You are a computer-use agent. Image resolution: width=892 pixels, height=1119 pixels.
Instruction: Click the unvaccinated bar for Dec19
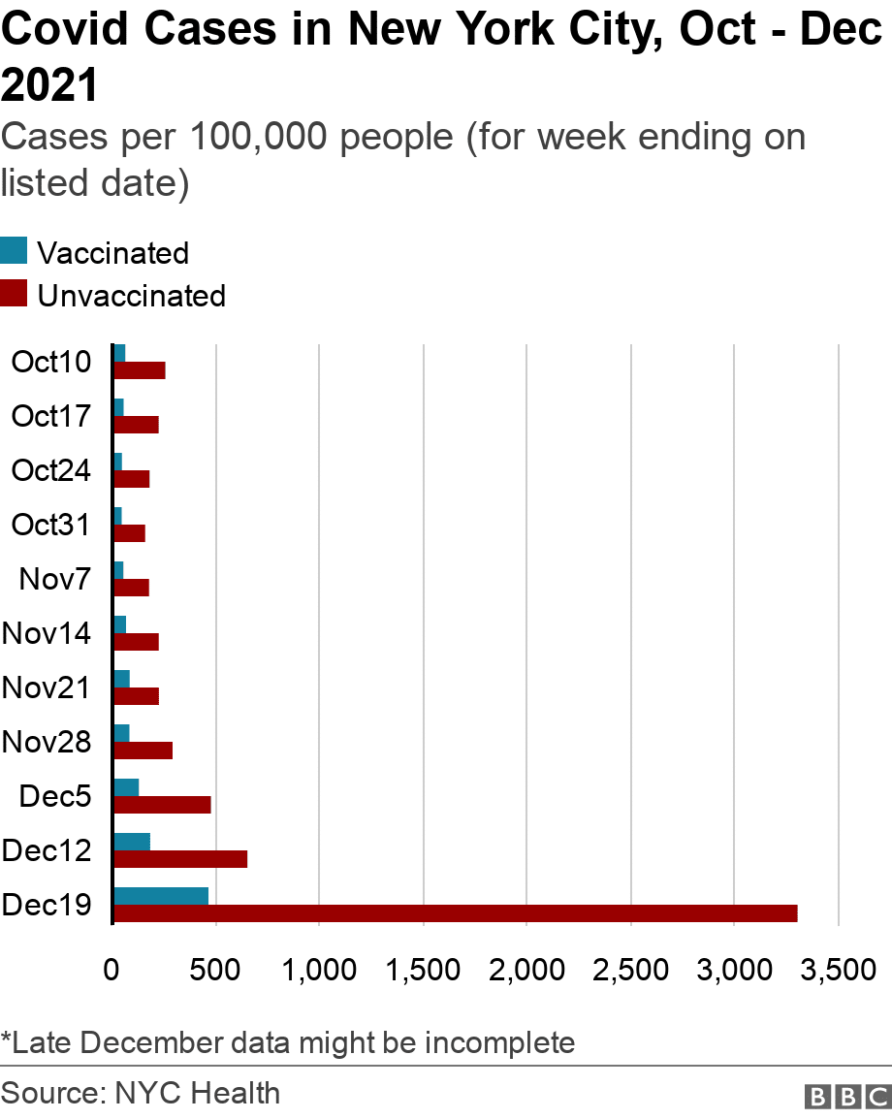[x=456, y=913]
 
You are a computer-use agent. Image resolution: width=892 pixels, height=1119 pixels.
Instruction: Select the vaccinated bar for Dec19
[x=161, y=896]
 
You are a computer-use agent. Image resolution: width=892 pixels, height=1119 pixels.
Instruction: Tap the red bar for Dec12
[x=180, y=859]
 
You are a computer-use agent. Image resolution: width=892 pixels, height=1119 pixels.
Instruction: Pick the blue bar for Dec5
[x=126, y=787]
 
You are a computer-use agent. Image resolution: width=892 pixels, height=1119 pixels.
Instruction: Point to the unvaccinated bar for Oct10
[x=140, y=370]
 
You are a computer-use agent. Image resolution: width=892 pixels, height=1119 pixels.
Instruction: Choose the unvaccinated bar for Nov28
[x=143, y=751]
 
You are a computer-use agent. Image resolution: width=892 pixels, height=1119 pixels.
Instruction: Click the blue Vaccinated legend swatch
[x=14, y=251]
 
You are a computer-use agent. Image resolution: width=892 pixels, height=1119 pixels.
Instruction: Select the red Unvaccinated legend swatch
[x=14, y=294]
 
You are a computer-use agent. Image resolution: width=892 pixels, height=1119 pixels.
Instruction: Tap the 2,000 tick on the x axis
[x=526, y=970]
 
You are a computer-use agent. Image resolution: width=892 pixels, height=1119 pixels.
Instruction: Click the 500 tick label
[x=215, y=970]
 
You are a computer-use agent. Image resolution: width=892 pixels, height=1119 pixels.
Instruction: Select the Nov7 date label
[x=55, y=580]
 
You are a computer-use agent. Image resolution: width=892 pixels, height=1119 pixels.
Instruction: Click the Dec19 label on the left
[x=47, y=906]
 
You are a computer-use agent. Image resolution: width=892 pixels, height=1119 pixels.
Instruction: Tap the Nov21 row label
[x=47, y=688]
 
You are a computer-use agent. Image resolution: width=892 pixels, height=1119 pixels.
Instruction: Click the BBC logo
[x=846, y=1096]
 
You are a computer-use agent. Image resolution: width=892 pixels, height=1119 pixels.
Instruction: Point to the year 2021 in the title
[x=50, y=85]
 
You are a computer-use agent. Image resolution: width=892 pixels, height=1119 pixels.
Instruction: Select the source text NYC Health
[x=198, y=1094]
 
